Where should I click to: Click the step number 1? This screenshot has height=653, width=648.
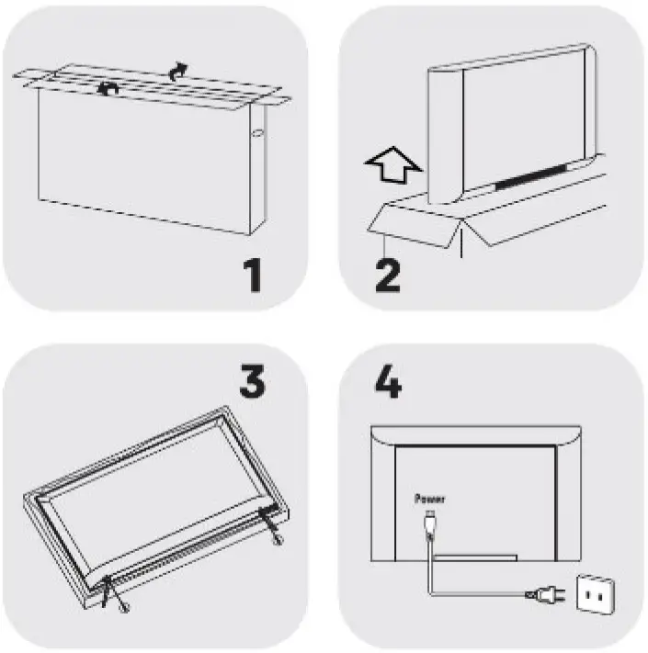(x=253, y=275)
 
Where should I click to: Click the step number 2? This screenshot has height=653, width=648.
(x=388, y=276)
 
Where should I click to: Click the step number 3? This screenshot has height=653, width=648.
(x=252, y=381)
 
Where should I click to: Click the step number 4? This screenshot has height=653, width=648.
(x=388, y=381)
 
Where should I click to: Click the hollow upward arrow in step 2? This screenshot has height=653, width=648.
(x=393, y=165)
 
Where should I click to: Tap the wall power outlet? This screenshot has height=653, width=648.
(x=595, y=595)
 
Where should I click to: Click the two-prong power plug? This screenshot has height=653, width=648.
(x=545, y=594)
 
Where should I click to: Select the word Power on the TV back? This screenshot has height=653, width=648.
(x=429, y=499)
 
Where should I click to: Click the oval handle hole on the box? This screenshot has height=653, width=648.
(x=257, y=134)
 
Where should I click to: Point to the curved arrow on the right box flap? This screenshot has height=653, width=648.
(x=178, y=71)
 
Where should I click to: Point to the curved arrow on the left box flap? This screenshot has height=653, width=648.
(x=108, y=89)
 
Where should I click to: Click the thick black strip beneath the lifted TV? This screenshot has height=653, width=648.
(x=530, y=176)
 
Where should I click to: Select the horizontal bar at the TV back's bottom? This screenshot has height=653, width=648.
(x=475, y=558)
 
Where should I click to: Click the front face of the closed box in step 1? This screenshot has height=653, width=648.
(x=143, y=161)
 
